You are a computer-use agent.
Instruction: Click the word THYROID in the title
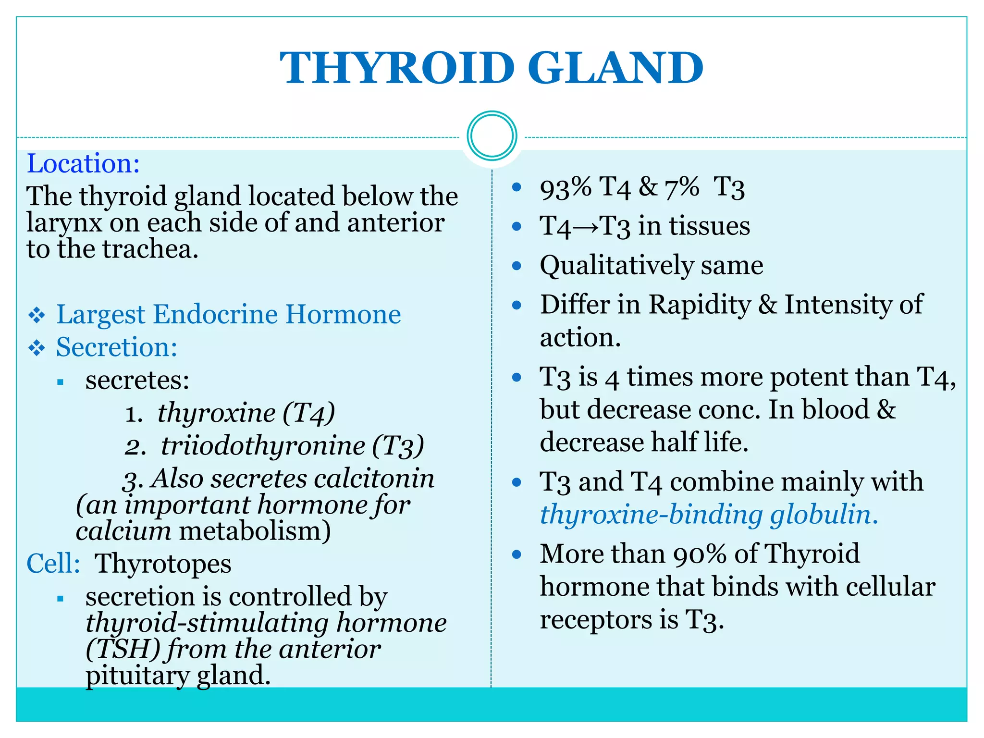click(x=397, y=68)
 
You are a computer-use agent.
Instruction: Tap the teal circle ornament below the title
click(x=492, y=136)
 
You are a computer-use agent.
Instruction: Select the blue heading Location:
click(x=83, y=164)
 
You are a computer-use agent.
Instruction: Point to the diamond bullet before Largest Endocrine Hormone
click(x=37, y=316)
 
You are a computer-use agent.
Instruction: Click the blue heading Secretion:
click(x=117, y=347)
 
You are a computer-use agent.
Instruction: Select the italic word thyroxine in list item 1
click(x=217, y=413)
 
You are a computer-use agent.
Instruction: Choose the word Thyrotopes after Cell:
click(x=163, y=564)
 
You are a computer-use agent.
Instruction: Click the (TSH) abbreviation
click(x=123, y=649)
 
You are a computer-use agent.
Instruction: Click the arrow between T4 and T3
click(x=586, y=227)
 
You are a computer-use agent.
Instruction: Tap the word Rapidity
click(x=700, y=305)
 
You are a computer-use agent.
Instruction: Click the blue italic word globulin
click(x=824, y=515)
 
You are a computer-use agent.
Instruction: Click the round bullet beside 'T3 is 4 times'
click(x=517, y=378)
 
